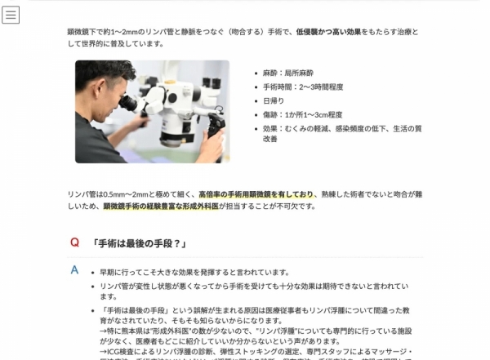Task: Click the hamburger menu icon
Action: [11, 15]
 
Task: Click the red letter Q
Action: [74, 242]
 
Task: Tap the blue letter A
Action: [74, 269]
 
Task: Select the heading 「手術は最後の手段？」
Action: [140, 243]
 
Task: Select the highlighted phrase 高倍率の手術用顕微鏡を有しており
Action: [256, 194]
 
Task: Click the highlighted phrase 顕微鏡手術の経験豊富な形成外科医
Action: [162, 207]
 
